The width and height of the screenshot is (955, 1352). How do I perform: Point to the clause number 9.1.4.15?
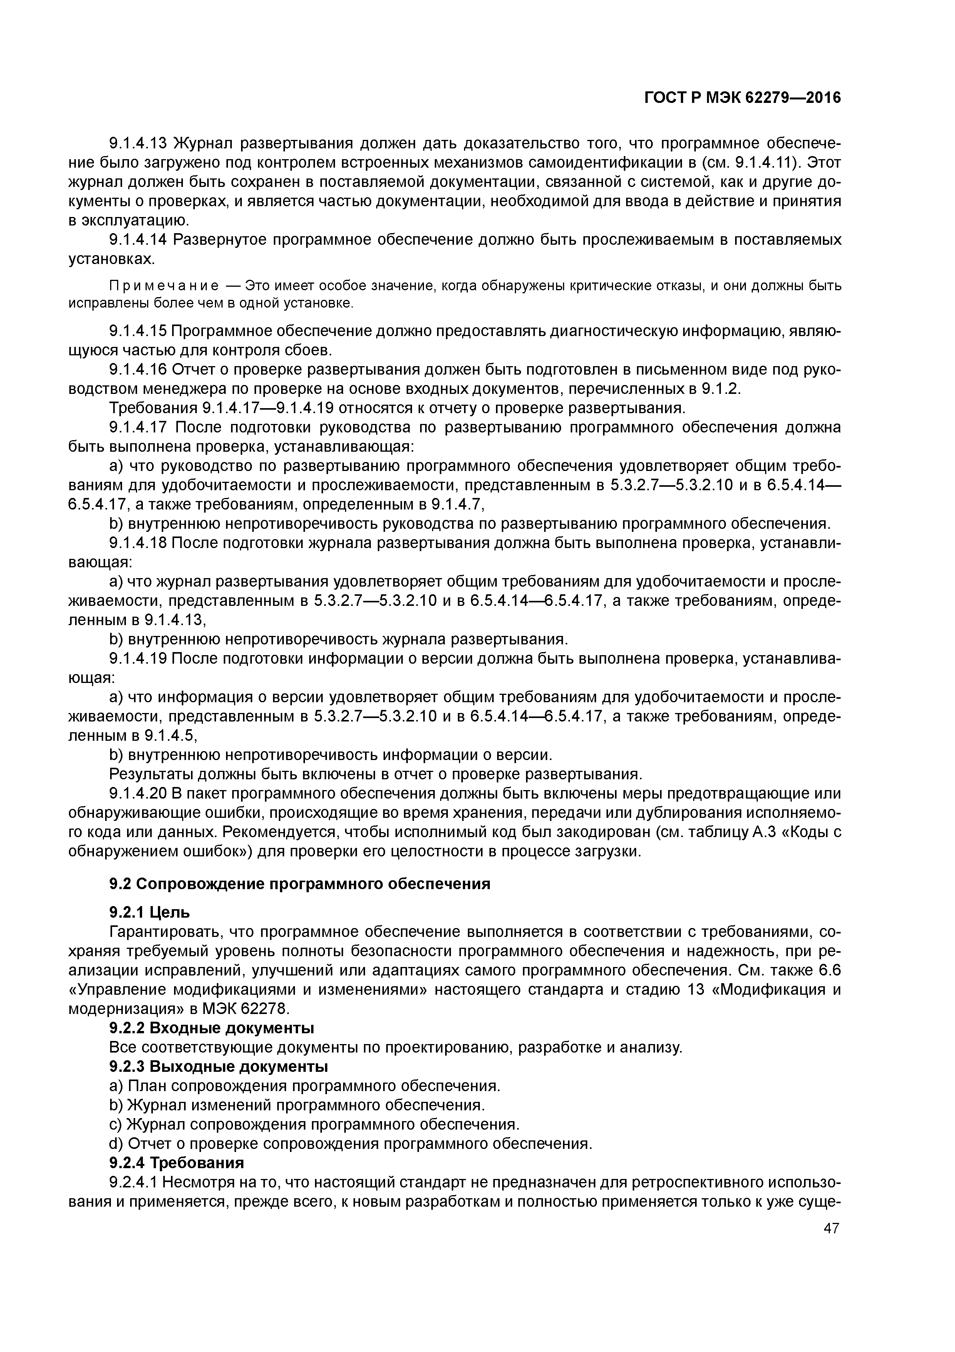tap(139, 331)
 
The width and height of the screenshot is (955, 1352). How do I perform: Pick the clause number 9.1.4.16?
tap(139, 370)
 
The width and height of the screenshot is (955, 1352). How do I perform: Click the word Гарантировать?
tap(165, 932)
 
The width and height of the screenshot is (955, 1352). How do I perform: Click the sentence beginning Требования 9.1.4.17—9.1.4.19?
tap(397, 408)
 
